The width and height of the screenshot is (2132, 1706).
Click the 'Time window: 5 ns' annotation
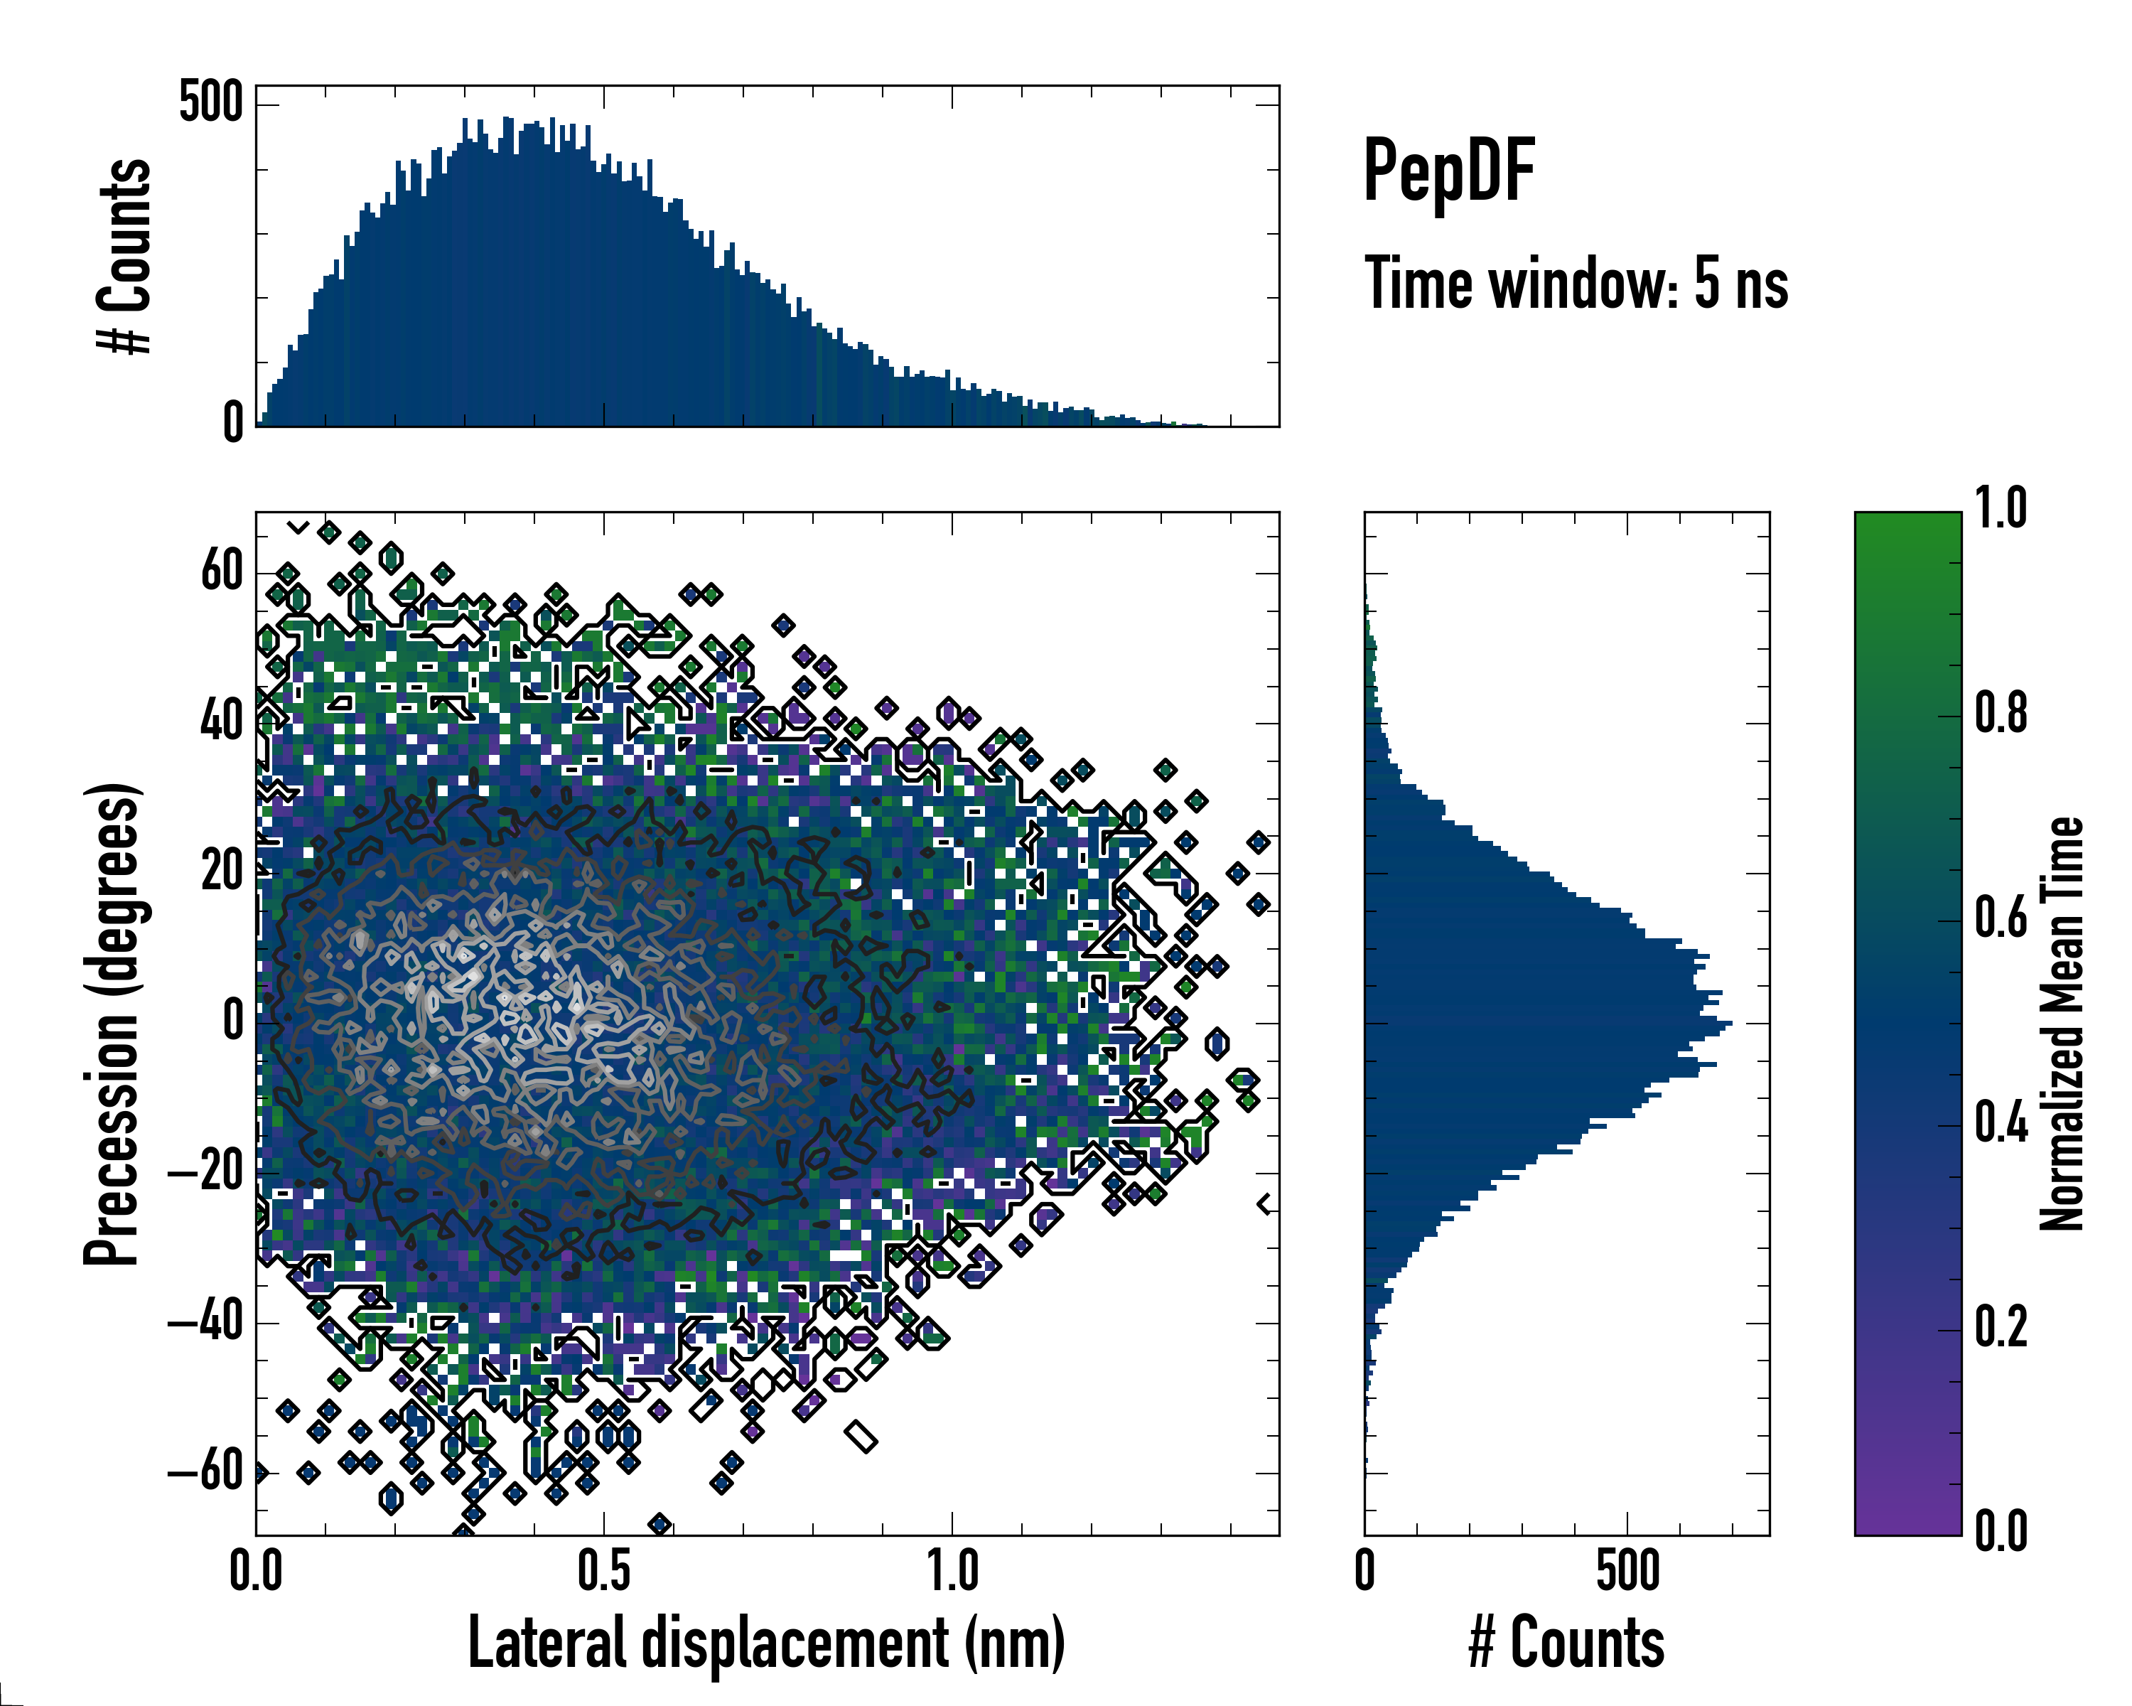(x=1576, y=284)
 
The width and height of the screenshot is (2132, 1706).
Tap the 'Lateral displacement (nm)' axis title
(x=765, y=1643)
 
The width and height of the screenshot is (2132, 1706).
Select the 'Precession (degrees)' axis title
(x=112, y=1024)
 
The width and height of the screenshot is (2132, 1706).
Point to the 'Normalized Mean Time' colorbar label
(x=2061, y=1024)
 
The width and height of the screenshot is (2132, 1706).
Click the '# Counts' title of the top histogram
(x=124, y=255)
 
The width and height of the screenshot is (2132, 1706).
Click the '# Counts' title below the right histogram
(x=1566, y=1643)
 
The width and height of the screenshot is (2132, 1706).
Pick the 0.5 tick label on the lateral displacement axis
(x=603, y=1572)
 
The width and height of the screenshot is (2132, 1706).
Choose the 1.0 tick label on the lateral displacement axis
(x=952, y=1572)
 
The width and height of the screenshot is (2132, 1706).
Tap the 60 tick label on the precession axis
(x=222, y=571)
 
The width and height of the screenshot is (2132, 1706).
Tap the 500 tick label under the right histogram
(x=1627, y=1572)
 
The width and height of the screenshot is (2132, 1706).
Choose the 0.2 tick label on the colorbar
(x=2001, y=1327)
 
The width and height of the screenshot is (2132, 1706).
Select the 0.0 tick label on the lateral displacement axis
(x=256, y=1572)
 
